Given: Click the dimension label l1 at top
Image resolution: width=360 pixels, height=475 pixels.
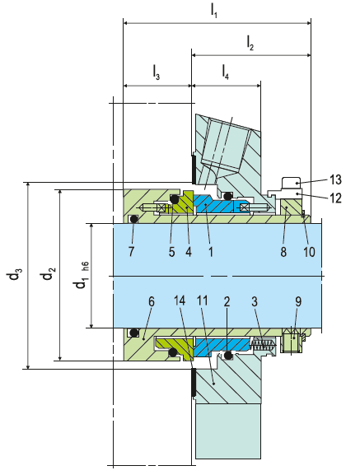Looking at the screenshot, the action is click(214, 12).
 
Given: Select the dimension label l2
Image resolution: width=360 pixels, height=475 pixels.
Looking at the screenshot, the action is click(250, 43).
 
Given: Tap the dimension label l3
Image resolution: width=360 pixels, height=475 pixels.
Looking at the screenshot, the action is click(156, 73).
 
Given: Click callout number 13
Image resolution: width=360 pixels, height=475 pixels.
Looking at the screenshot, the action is click(335, 179).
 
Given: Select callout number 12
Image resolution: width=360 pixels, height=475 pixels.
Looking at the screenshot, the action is click(335, 198).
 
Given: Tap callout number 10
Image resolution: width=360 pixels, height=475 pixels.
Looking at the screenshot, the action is click(309, 251).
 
